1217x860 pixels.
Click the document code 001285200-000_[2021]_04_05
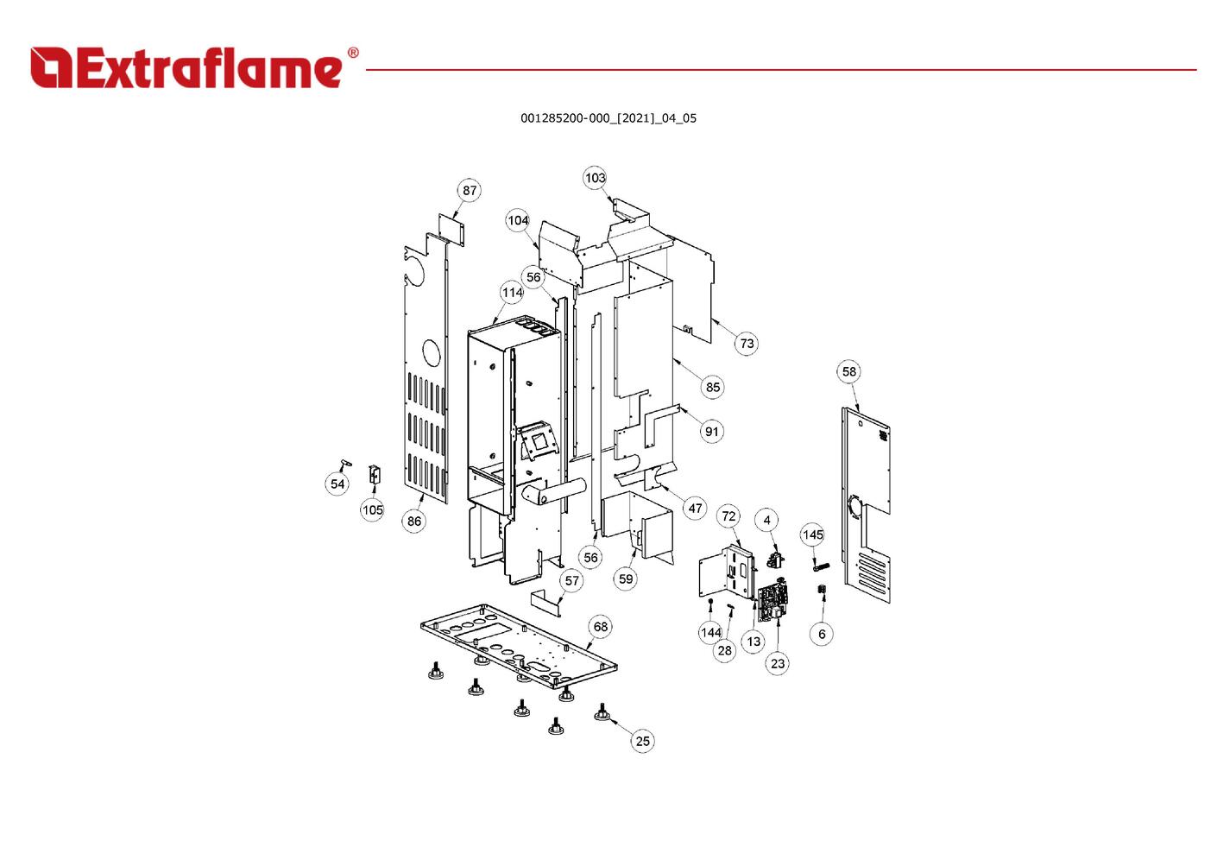[608, 118]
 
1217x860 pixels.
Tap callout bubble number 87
[469, 191]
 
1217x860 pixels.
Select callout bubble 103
[595, 178]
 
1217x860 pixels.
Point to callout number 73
[747, 344]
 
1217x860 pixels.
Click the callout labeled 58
[849, 372]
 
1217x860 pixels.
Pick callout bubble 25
[642, 741]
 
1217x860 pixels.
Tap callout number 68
[600, 627]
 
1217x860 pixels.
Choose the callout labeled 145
[813, 535]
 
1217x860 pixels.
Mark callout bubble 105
[372, 510]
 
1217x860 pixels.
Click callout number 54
[337, 484]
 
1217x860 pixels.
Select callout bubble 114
[512, 293]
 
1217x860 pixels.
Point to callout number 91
[711, 432]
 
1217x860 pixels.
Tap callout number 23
[778, 663]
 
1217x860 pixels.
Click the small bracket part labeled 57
[545, 601]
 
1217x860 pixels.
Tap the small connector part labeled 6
[822, 590]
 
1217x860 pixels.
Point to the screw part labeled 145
[820, 566]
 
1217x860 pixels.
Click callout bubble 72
[728, 516]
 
